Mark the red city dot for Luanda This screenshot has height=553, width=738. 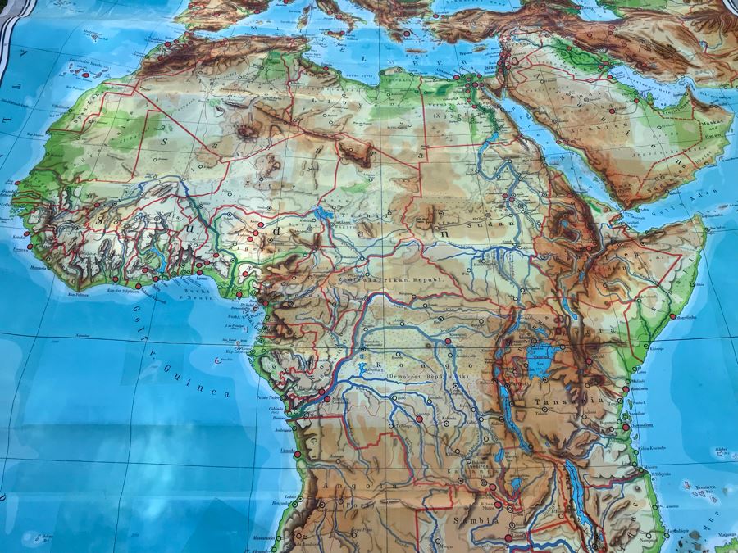297,454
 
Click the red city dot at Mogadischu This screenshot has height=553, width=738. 672,316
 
